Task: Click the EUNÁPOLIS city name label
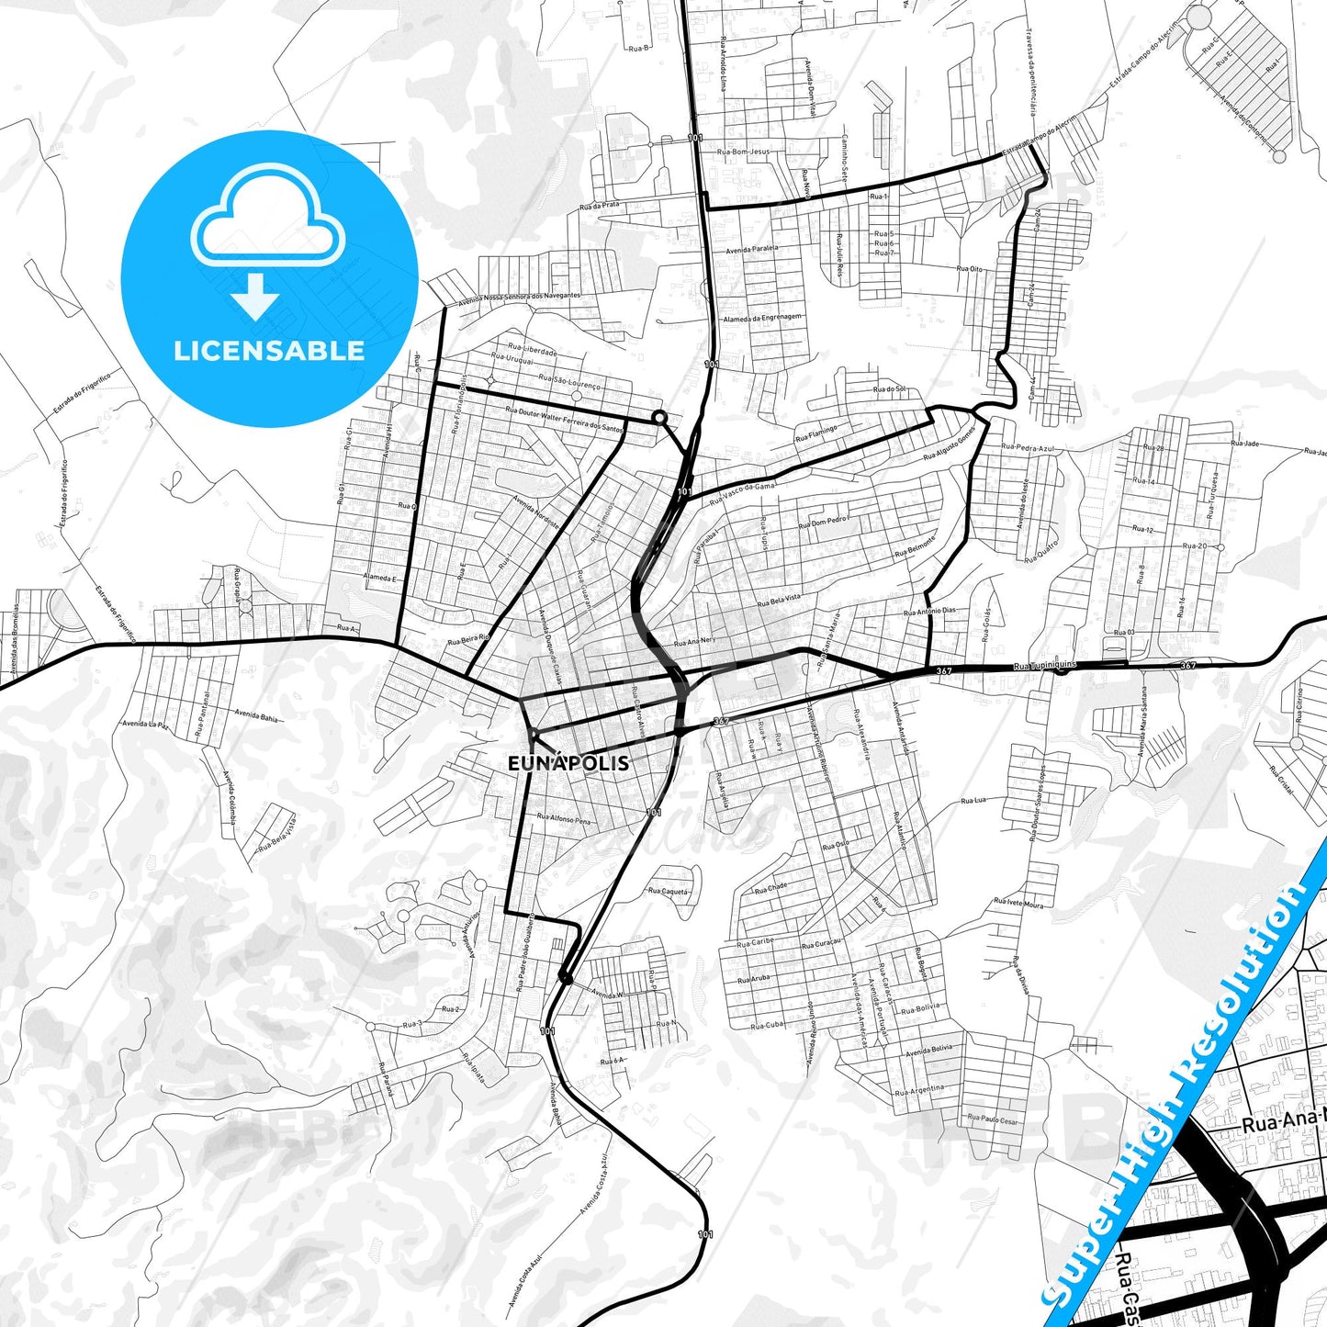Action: tap(568, 763)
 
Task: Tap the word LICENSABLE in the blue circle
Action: tap(269, 350)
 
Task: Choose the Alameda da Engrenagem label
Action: tap(762, 317)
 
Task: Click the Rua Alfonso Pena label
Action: tap(564, 819)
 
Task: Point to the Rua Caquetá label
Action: tap(668, 891)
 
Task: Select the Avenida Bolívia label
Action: tap(928, 1050)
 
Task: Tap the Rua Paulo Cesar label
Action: tap(992, 1120)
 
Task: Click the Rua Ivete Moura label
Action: tap(1018, 904)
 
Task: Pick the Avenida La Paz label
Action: tap(146, 725)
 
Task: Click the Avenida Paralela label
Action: tap(751, 248)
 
